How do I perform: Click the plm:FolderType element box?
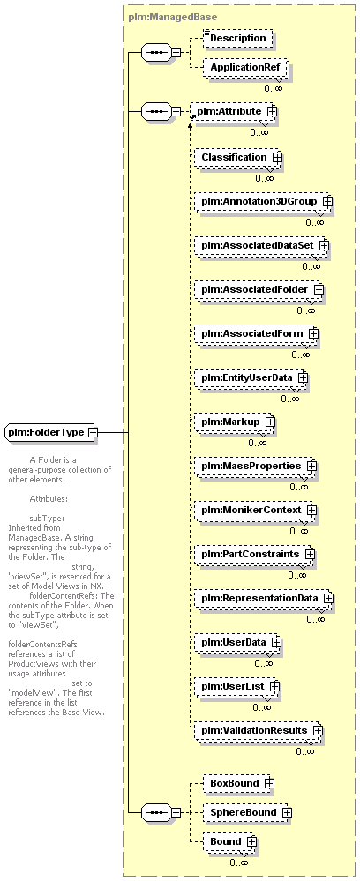pos(50,432)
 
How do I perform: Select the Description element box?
pos(238,38)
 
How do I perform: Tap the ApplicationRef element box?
pos(245,67)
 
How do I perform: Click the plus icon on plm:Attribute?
pos(273,111)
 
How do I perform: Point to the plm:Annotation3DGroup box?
pos(264,201)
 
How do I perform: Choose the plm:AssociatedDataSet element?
pos(261,245)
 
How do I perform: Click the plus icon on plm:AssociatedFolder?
pos(319,289)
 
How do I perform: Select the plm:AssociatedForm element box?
pos(257,333)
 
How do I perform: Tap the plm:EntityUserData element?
pos(251,377)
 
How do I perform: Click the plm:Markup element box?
pos(235,422)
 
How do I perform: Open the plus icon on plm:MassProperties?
pos(311,466)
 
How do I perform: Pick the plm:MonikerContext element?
pos(256,510)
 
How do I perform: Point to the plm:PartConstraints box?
pos(255,554)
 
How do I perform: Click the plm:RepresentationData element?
pos(265,598)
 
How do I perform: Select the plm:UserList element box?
pos(237,686)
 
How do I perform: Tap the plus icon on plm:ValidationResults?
pos(318,730)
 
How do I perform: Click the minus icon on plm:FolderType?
pos(93,432)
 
